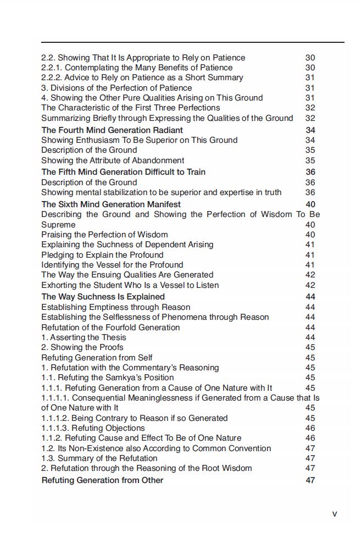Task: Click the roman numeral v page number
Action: coord(335,514)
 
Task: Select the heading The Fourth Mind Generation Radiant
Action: coord(112,130)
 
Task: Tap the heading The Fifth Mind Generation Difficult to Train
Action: coord(123,172)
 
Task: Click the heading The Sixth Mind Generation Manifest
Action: coord(111,204)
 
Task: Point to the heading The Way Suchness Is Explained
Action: coord(103,297)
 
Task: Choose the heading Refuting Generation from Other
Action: coord(102,480)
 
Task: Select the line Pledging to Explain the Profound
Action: coord(102,255)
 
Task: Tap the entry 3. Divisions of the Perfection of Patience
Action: coord(116,88)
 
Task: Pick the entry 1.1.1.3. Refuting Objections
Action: coord(93,428)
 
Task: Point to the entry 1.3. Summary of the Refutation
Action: coord(99,458)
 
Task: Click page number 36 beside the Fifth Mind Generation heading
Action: coord(310,172)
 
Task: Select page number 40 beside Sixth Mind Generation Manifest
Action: coord(310,204)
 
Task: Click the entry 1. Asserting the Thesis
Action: coord(84,337)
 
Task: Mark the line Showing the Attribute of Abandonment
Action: coord(113,160)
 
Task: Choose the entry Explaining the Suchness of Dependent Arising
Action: coord(127,245)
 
